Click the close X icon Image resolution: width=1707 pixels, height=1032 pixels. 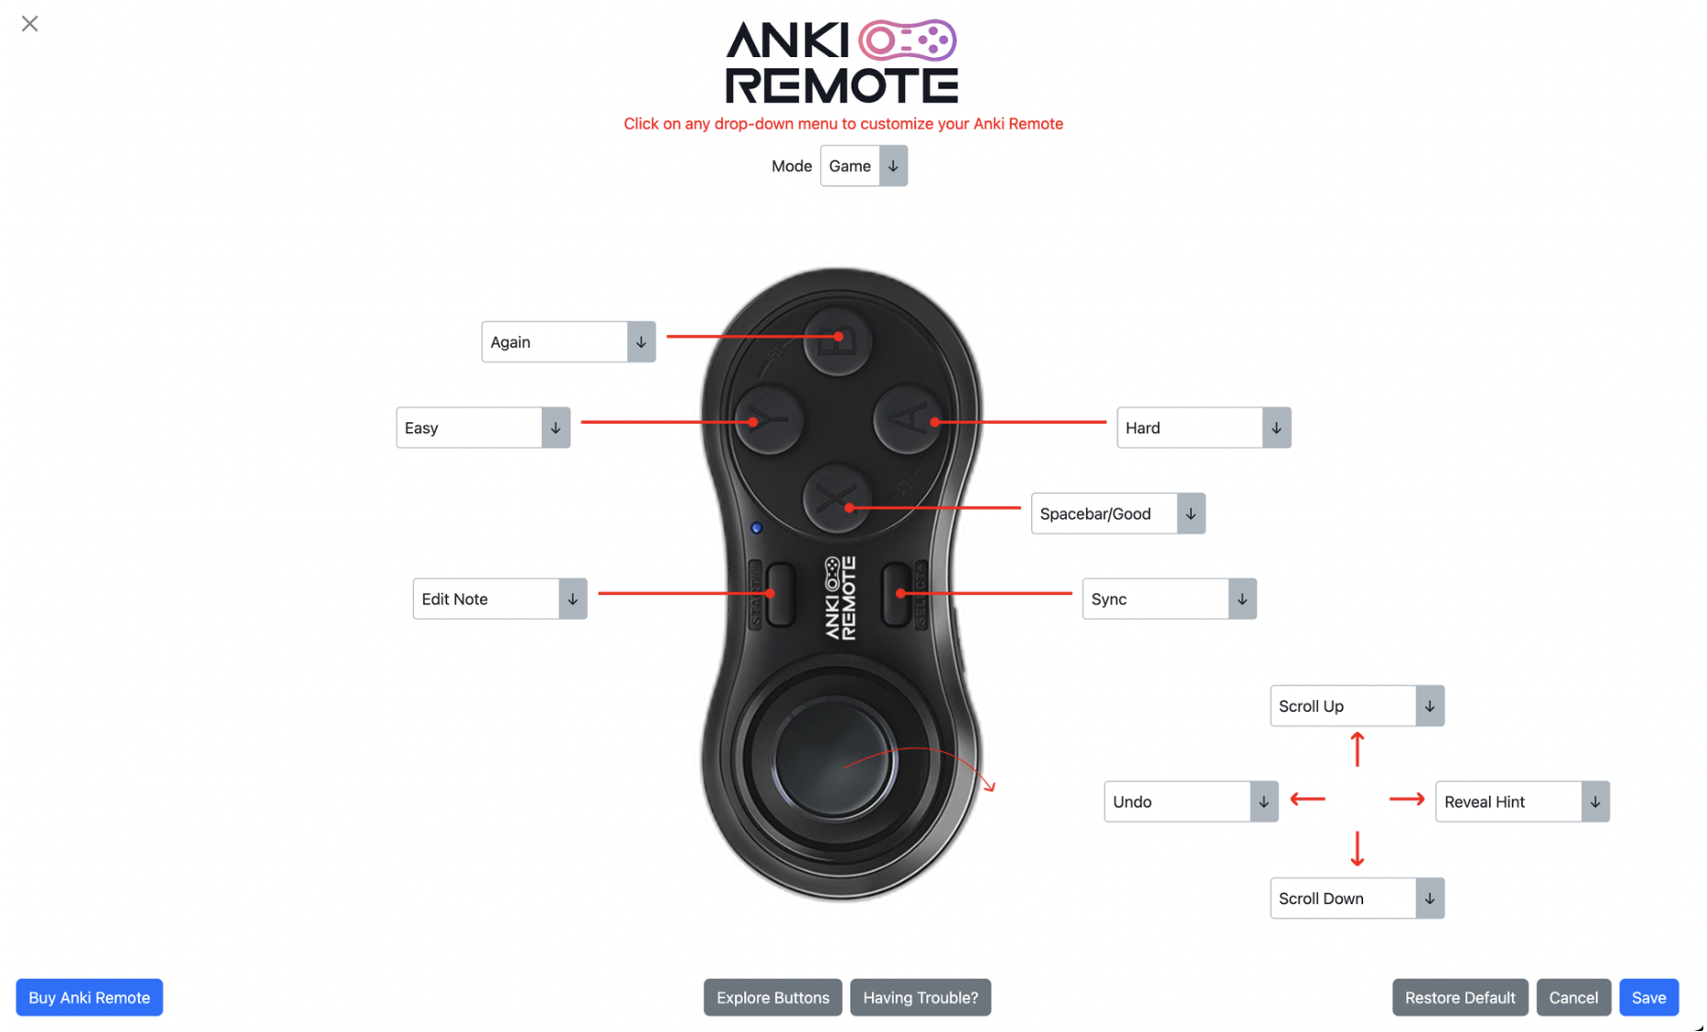(29, 24)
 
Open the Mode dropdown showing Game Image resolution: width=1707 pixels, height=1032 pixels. (864, 166)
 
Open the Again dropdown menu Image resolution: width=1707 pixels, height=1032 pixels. (568, 342)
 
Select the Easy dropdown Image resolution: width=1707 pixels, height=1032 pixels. (483, 428)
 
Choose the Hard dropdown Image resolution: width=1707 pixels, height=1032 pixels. (1204, 428)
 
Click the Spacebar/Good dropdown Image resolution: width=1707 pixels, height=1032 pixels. (1117, 513)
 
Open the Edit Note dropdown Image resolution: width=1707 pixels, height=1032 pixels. (499, 599)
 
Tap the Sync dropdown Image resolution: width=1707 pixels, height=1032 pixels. (1169, 599)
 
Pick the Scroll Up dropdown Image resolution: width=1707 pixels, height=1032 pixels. (1357, 705)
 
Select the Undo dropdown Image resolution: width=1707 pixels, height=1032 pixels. (1191, 801)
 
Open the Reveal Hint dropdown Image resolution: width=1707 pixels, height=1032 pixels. (1522, 801)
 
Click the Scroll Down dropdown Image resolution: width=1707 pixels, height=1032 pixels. (1357, 898)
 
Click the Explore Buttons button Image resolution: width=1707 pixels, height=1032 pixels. (773, 997)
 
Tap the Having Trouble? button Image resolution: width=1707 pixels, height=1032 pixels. (921, 997)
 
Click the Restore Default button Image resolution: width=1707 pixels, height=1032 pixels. (1460, 997)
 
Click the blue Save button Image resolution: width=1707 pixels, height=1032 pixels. (1648, 997)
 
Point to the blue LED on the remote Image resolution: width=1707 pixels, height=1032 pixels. (757, 528)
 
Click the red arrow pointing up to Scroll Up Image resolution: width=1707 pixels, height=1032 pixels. (1357, 749)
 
